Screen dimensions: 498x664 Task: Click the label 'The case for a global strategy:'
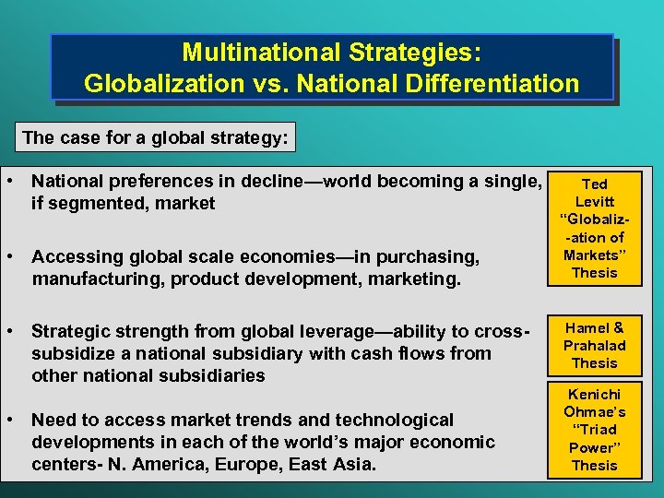(x=155, y=138)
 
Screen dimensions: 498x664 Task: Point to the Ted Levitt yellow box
(x=595, y=228)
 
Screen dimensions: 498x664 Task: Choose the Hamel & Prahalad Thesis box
(x=595, y=345)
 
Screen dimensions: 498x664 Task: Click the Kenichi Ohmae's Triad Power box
(x=595, y=429)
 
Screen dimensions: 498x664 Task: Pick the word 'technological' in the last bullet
(x=397, y=421)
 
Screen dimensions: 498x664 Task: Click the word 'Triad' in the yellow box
(x=595, y=429)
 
